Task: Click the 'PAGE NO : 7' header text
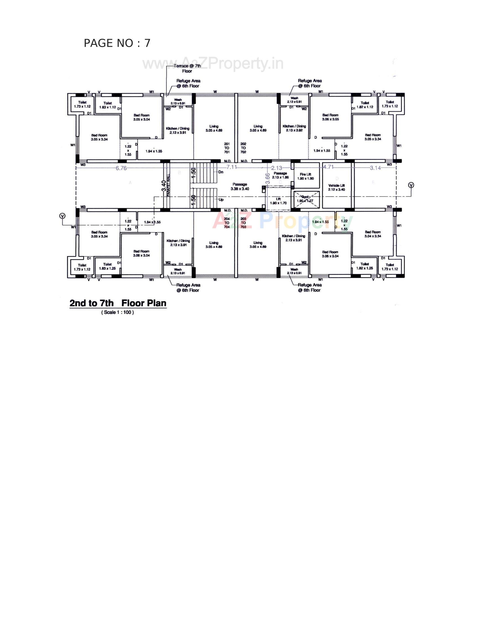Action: pos(117,43)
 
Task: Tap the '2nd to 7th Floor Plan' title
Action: pos(118,303)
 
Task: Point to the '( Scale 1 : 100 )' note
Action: pos(117,312)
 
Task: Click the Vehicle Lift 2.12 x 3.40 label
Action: pos(336,187)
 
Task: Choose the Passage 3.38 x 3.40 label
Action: pos(240,187)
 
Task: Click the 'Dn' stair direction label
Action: pos(221,172)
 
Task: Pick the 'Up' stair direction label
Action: pos(221,199)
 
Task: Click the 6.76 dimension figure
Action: pos(121,168)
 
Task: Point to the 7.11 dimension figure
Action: pos(232,167)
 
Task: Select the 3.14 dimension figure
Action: pos(375,168)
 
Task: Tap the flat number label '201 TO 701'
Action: pos(227,148)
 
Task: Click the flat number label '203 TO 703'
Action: pos(243,223)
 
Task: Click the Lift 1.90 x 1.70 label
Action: pos(278,201)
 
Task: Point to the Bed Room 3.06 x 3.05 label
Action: pos(330,117)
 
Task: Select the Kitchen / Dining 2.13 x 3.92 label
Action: pos(294,128)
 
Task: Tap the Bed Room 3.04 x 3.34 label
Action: pos(372,234)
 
